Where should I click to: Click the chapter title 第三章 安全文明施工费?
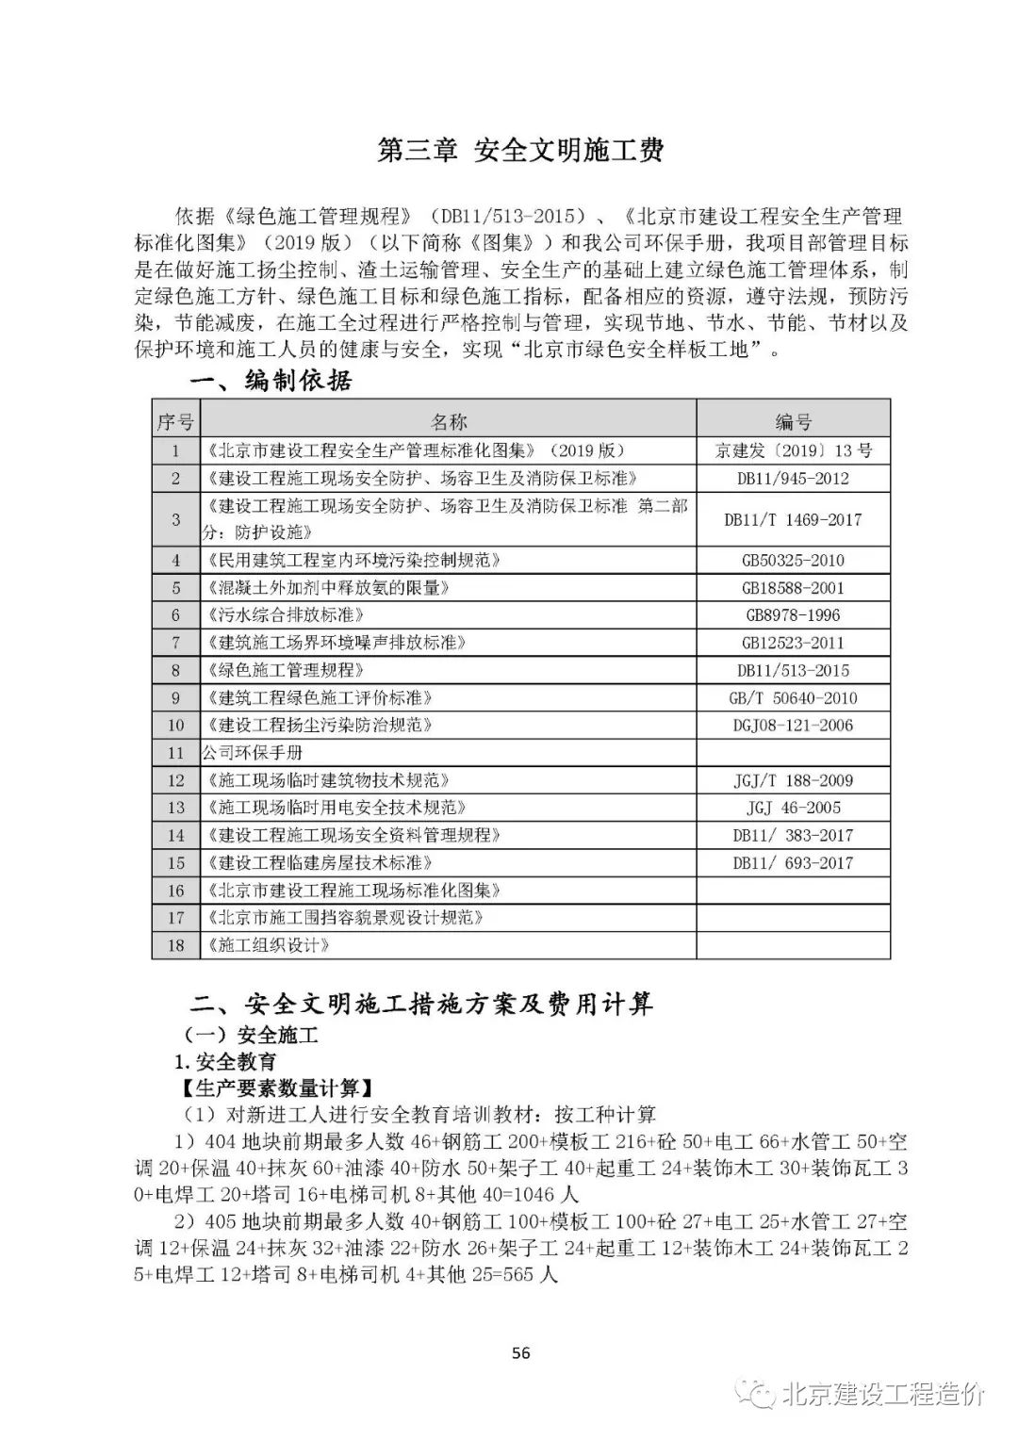(x=520, y=151)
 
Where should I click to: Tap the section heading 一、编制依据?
(x=271, y=381)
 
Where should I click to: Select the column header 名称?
(x=448, y=421)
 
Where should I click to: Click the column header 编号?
(x=793, y=421)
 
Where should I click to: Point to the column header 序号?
(x=175, y=421)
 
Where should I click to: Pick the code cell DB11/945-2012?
(x=793, y=479)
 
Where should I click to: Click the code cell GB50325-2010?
(x=793, y=561)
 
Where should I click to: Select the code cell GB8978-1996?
(x=793, y=615)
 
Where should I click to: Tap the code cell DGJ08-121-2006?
(x=793, y=726)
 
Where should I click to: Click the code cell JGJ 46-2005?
(x=793, y=808)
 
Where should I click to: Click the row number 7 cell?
(x=175, y=643)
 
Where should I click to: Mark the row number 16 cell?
(x=175, y=891)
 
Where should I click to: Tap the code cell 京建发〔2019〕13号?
(x=793, y=450)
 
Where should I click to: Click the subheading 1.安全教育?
(x=226, y=1062)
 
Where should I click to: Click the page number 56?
(x=520, y=1353)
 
